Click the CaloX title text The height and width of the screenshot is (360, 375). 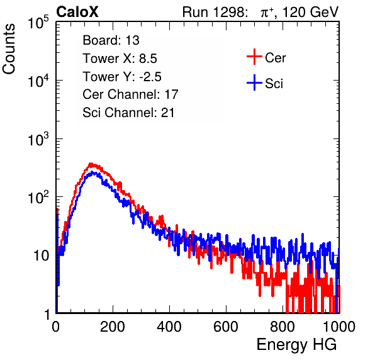(x=77, y=12)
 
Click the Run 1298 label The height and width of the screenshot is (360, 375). (x=214, y=12)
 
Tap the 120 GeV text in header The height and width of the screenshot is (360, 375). (x=311, y=12)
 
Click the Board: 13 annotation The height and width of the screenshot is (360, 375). (x=111, y=40)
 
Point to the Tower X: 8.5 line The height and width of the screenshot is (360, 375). (x=120, y=59)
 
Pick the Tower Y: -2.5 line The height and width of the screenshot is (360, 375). (x=122, y=77)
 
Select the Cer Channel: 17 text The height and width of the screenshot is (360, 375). (x=130, y=94)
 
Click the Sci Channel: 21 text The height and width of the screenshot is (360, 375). (x=128, y=113)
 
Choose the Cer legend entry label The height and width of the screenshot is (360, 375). (x=275, y=58)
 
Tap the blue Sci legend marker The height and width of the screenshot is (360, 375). (x=254, y=82)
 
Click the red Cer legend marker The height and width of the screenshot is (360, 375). (x=254, y=57)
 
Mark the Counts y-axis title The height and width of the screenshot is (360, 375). (x=9, y=49)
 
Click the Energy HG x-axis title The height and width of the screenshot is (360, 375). (x=296, y=345)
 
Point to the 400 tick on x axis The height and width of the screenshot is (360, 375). (x=169, y=327)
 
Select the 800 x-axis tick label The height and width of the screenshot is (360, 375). (x=283, y=327)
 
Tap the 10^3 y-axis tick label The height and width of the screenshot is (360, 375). (x=38, y=138)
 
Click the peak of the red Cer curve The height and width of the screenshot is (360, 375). (x=91, y=164)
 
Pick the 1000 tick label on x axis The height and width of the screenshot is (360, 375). (x=339, y=327)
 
